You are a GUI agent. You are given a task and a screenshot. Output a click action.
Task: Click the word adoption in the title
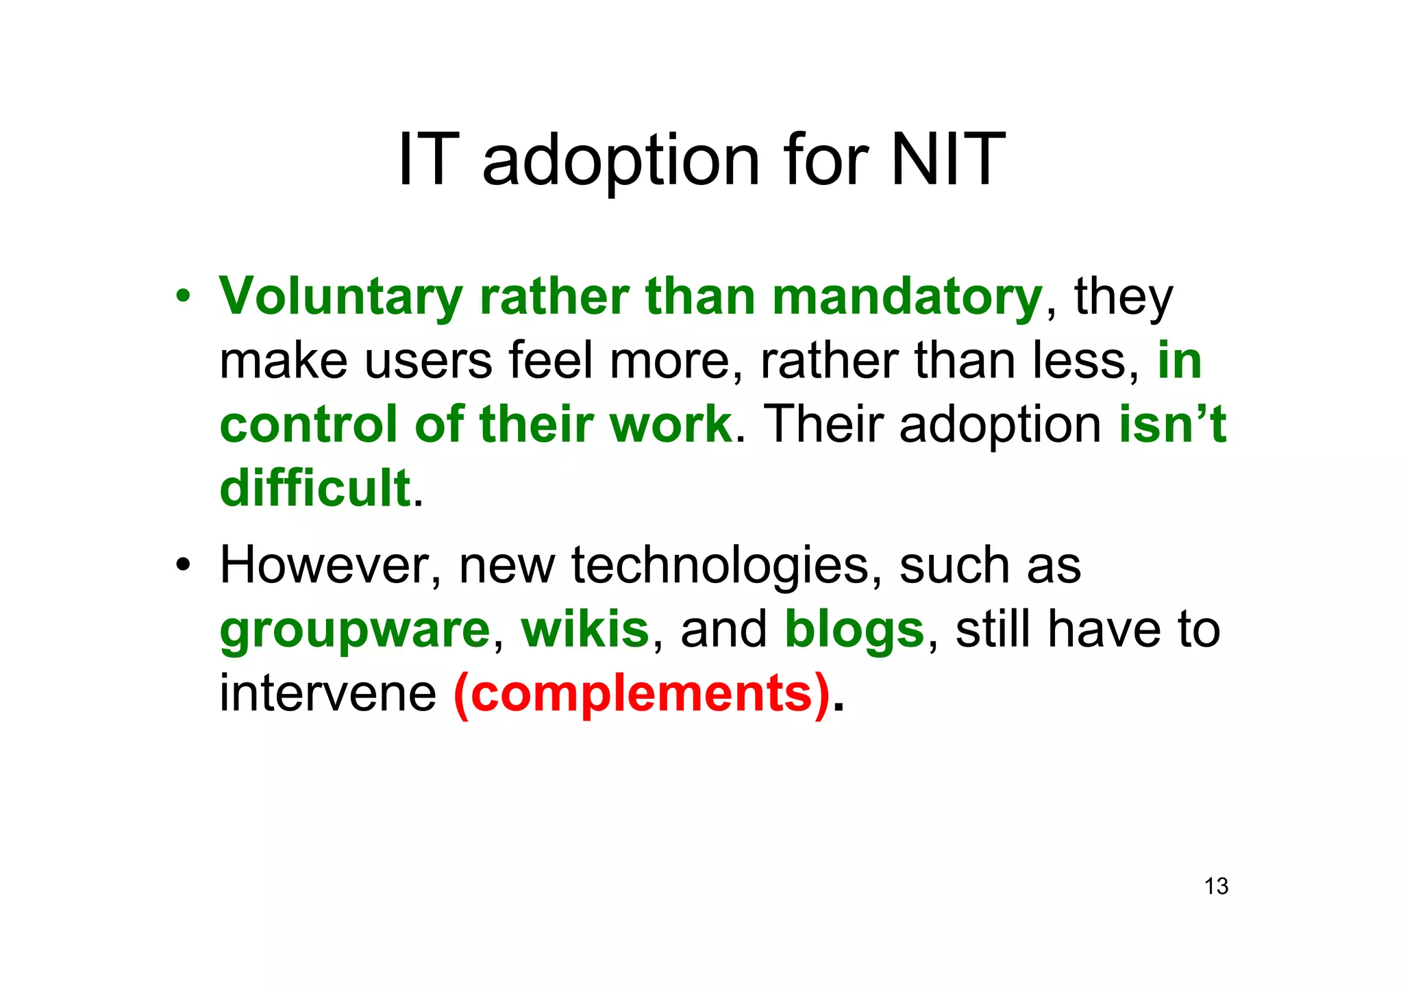[x=621, y=161]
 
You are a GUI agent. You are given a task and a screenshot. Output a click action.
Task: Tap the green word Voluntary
[x=340, y=297]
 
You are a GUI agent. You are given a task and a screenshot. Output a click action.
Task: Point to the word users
[x=428, y=361]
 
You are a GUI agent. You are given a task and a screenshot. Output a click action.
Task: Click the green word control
[x=308, y=425]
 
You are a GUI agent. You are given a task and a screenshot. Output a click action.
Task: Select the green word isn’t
[x=1172, y=425]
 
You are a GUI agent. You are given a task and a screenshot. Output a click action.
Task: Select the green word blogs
[x=854, y=630]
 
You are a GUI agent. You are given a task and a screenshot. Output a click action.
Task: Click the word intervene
[x=327, y=693]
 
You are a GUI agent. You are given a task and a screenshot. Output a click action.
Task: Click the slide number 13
[x=1216, y=886]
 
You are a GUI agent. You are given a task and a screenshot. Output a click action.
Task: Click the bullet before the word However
[x=182, y=566]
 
